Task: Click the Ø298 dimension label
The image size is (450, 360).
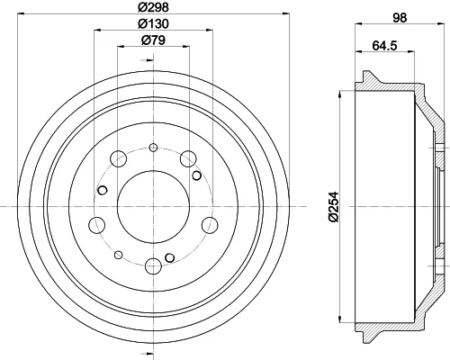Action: [153, 7]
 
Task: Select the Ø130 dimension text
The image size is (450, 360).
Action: [153, 23]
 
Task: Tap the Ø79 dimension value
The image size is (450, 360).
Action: [153, 40]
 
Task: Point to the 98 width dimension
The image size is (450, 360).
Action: [400, 18]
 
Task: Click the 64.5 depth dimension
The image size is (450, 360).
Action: [385, 46]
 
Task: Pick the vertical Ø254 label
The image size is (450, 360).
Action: [333, 207]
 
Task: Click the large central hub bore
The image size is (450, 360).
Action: [153, 207]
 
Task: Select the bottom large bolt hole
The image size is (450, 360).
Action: [153, 266]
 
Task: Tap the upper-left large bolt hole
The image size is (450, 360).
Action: [118, 158]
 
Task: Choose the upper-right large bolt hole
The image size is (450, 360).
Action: [188, 158]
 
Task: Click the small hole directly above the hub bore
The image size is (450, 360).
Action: [153, 148]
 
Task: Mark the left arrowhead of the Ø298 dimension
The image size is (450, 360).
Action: [21, 13]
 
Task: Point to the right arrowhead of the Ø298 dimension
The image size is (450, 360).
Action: [286, 13]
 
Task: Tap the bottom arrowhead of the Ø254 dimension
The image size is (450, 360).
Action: [340, 319]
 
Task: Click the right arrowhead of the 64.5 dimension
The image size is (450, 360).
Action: [411, 51]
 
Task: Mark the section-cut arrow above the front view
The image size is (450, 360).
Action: [148, 60]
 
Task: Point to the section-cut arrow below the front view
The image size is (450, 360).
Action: [148, 353]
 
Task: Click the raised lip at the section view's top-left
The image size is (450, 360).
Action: [366, 76]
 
